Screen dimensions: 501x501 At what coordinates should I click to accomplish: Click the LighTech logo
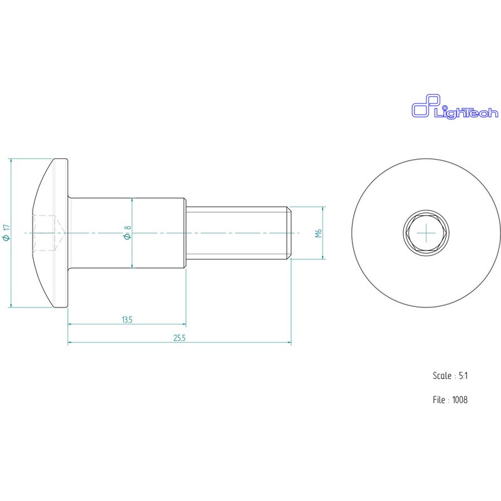(453, 107)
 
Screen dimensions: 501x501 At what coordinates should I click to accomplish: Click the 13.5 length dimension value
(127, 320)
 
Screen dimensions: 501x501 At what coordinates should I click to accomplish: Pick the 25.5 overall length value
(180, 338)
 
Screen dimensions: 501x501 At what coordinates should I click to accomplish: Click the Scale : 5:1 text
(450, 376)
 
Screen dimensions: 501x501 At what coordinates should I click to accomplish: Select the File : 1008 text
(450, 400)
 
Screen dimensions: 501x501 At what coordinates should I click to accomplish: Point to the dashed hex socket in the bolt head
(45, 233)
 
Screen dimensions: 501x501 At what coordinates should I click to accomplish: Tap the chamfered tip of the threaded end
(289, 233)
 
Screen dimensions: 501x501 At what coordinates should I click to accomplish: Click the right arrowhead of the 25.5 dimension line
(289, 343)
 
